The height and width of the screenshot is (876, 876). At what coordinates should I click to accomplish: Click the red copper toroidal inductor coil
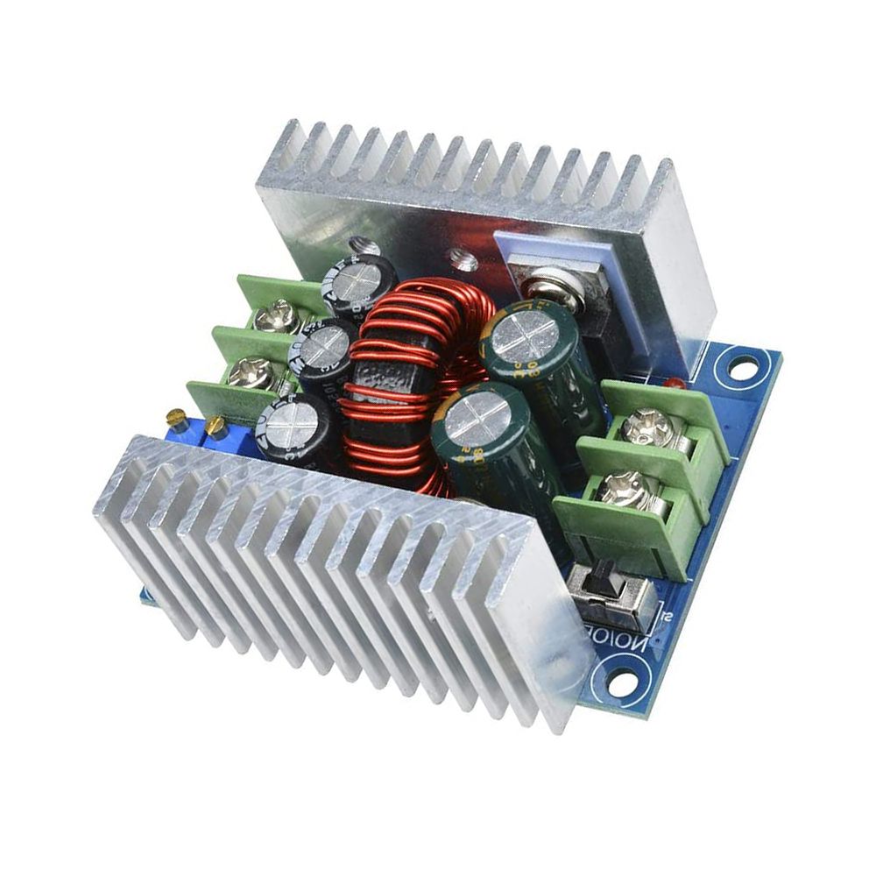pos(399,385)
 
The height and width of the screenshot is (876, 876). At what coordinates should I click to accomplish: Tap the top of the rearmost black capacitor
pos(360,282)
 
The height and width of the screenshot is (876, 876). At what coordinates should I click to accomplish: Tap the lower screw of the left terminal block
pos(248,372)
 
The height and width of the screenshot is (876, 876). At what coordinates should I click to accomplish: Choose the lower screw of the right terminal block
pos(625,488)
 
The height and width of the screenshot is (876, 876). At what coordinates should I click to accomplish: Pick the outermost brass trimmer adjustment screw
pos(176,417)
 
